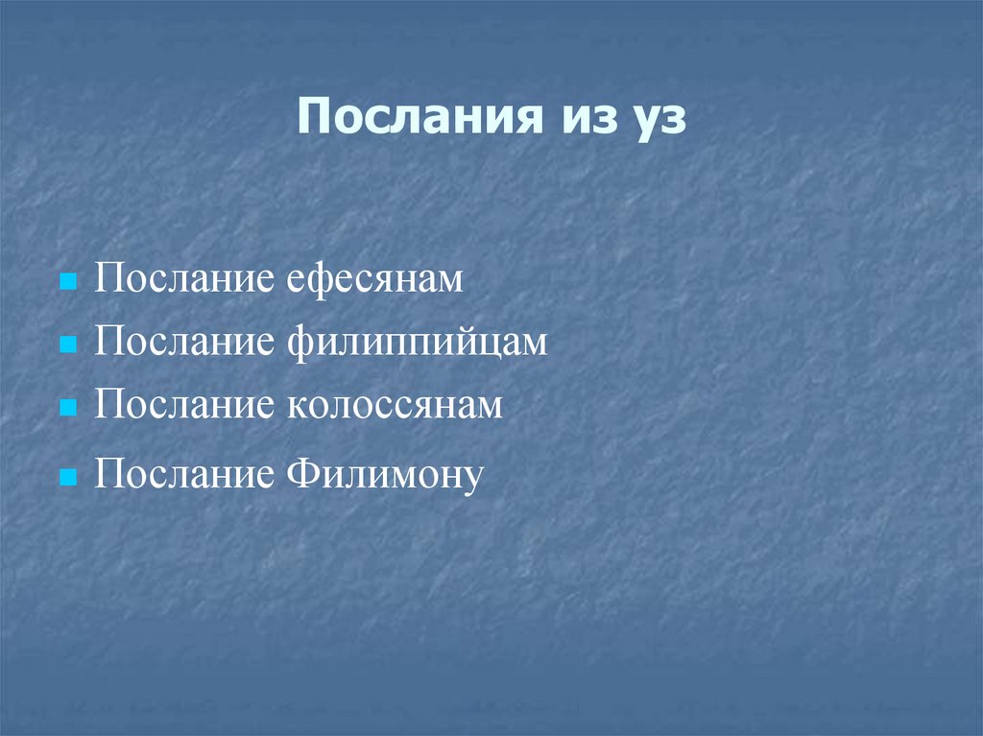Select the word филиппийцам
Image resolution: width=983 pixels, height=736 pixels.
click(x=417, y=343)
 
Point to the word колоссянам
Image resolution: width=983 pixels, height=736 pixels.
click(x=395, y=405)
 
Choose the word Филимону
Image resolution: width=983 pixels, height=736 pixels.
click(x=381, y=474)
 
